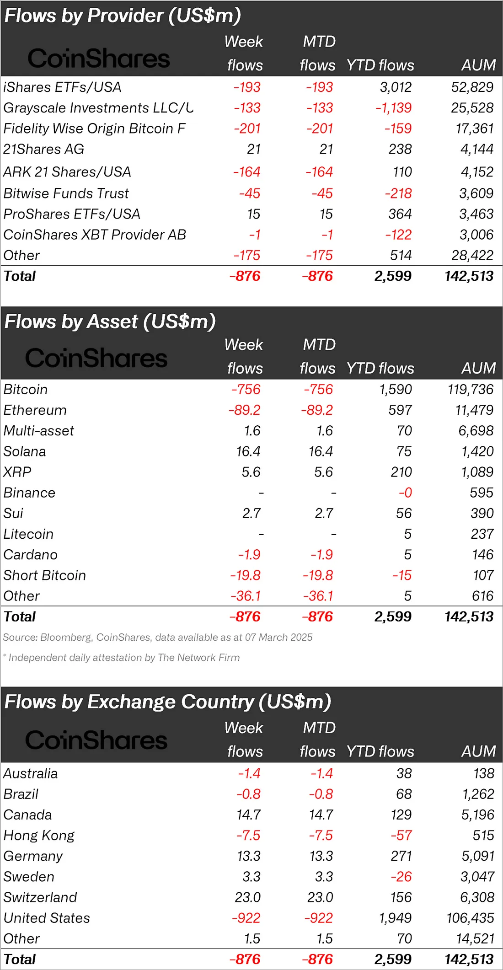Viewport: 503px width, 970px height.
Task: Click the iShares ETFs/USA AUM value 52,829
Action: pyautogui.click(x=472, y=87)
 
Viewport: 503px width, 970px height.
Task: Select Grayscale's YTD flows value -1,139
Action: pyautogui.click(x=393, y=108)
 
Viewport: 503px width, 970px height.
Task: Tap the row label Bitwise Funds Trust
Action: pyautogui.click(x=66, y=193)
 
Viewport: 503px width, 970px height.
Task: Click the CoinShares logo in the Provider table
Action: pyautogui.click(x=98, y=59)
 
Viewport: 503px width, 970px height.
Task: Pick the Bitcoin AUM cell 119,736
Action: pyautogui.click(x=471, y=390)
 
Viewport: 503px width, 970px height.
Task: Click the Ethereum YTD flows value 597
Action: pyautogui.click(x=400, y=410)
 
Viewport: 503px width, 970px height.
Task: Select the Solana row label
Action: pyautogui.click(x=25, y=451)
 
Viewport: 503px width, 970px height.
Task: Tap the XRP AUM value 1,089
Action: pyautogui.click(x=477, y=472)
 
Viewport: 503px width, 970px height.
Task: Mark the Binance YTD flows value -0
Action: pyautogui.click(x=405, y=493)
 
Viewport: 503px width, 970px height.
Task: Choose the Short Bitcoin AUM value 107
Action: pyautogui.click(x=483, y=575)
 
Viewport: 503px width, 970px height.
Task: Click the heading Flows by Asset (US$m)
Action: pyautogui.click(x=110, y=322)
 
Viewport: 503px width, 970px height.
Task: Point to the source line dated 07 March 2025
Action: pyautogui.click(x=158, y=637)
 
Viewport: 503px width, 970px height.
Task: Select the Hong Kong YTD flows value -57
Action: pyautogui.click(x=401, y=836)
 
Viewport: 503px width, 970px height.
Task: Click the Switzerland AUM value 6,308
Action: pyautogui.click(x=477, y=897)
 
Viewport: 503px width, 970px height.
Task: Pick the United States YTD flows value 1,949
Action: pyautogui.click(x=396, y=918)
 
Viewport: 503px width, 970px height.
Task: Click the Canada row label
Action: pyautogui.click(x=27, y=815)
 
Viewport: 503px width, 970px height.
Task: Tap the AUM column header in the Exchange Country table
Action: pyautogui.click(x=478, y=751)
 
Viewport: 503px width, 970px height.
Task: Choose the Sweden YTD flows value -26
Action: pyautogui.click(x=401, y=877)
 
